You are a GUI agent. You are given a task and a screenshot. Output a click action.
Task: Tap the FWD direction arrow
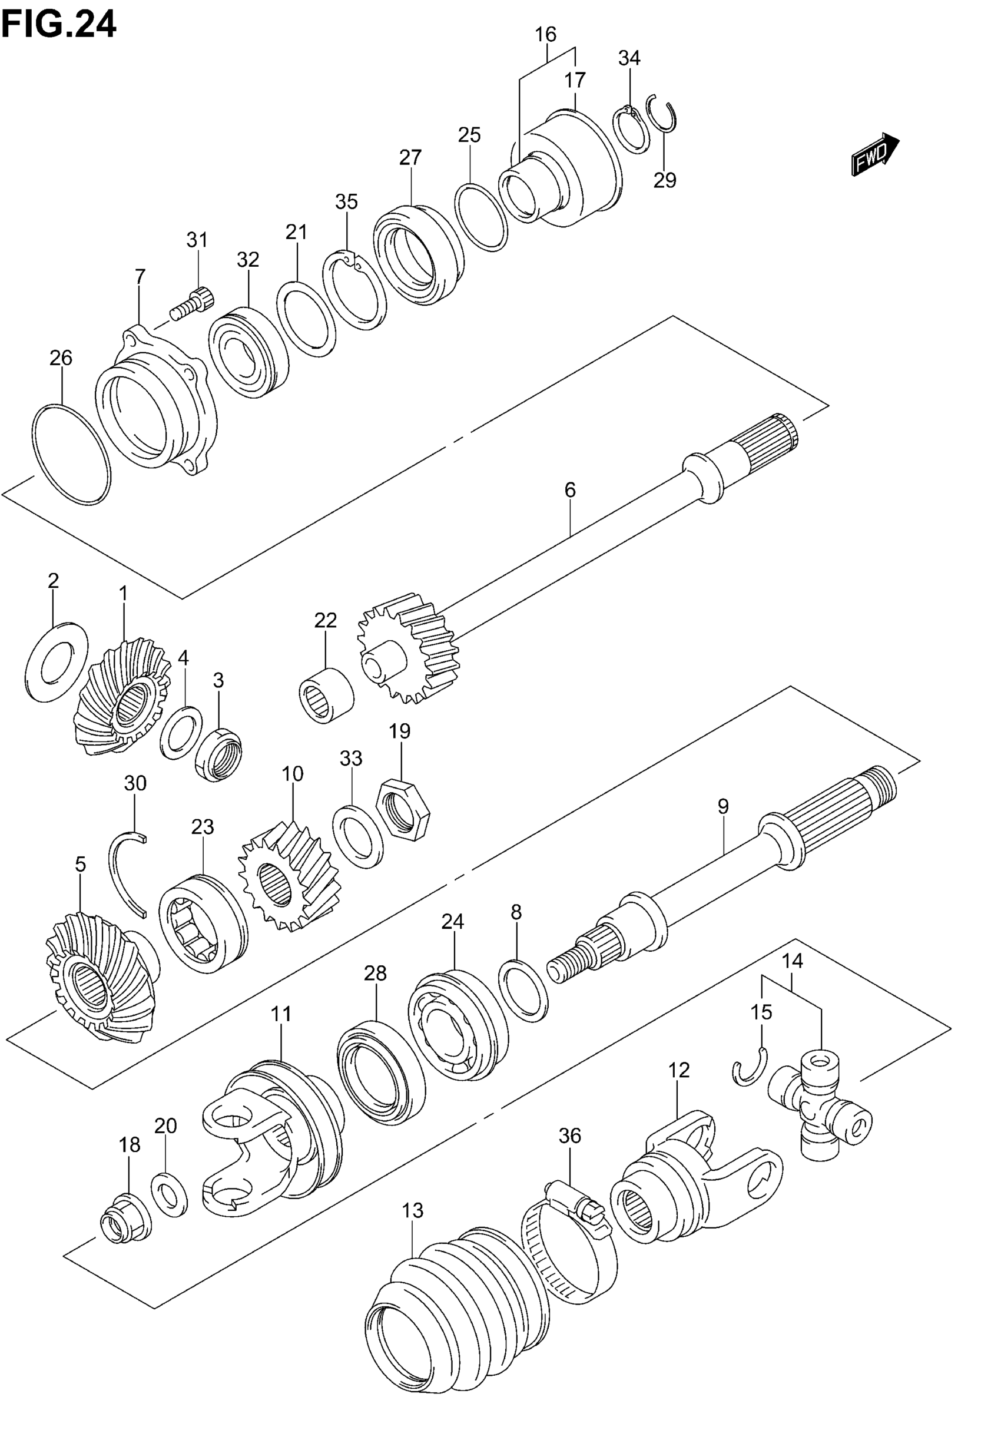coord(874,153)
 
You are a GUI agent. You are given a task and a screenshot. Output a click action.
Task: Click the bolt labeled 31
coord(193,303)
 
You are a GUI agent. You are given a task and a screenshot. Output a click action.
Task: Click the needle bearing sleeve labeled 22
coord(326,696)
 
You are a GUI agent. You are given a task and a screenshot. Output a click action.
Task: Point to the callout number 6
coord(569,491)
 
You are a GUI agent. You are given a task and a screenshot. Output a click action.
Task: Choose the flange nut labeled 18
coord(125,1219)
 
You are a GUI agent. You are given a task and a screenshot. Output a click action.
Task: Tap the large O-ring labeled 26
coord(70,453)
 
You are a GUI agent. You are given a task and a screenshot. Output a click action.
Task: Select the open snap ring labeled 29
coord(662,114)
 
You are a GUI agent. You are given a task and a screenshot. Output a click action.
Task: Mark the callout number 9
coord(723,806)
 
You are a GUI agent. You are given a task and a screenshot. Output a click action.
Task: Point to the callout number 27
coord(410,157)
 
